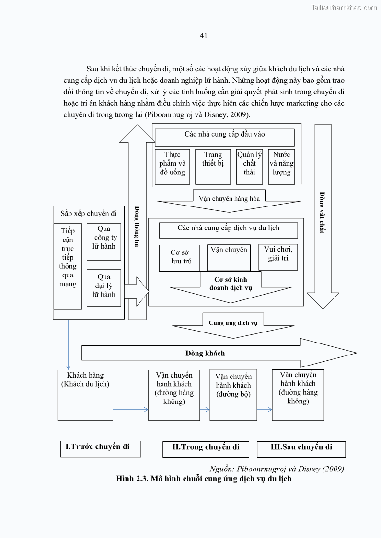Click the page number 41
tap(203, 35)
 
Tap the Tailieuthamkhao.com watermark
tap(344, 7)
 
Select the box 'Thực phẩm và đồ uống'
tap(173, 166)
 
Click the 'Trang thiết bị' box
tap(213, 166)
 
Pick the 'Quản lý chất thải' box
tap(249, 166)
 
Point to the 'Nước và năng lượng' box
tap(281, 166)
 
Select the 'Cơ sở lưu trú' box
tap(181, 258)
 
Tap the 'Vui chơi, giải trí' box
tap(278, 257)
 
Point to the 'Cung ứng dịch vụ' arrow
tap(233, 323)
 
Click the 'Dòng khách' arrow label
tap(205, 354)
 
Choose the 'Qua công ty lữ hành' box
tap(104, 241)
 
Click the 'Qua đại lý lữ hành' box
tap(104, 287)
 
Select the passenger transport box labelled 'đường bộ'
tap(233, 394)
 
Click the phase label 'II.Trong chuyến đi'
tap(206, 447)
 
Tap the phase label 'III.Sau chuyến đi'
tap(301, 447)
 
